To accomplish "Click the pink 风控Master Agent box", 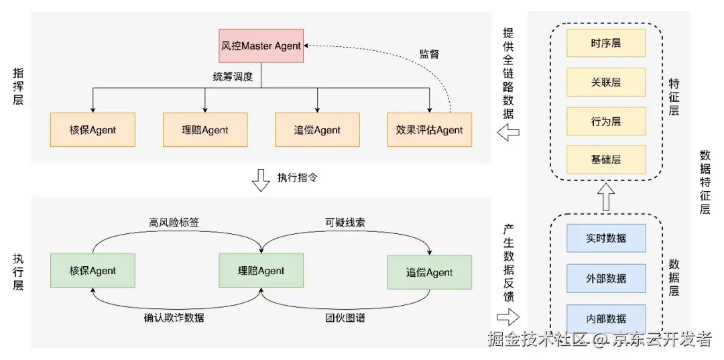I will tap(261, 46).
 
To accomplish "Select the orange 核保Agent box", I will tap(93, 129).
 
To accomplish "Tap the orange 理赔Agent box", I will tap(205, 129).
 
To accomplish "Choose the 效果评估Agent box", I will tap(429, 129).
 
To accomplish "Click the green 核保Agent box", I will tap(93, 271).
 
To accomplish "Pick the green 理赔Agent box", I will tap(261, 271).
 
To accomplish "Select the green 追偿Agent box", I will tap(429, 272).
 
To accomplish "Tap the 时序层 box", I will tap(606, 43).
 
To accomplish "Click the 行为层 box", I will tap(606, 121).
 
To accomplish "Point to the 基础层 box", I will tap(606, 160).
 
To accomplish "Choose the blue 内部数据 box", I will tap(606, 318).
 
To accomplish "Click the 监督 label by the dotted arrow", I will tap(430, 54).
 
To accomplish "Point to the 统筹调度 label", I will tap(233, 76).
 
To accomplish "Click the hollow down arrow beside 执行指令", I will tap(261, 180).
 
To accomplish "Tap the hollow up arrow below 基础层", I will tap(606, 196).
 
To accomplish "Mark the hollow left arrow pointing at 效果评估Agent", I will tap(509, 134).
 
